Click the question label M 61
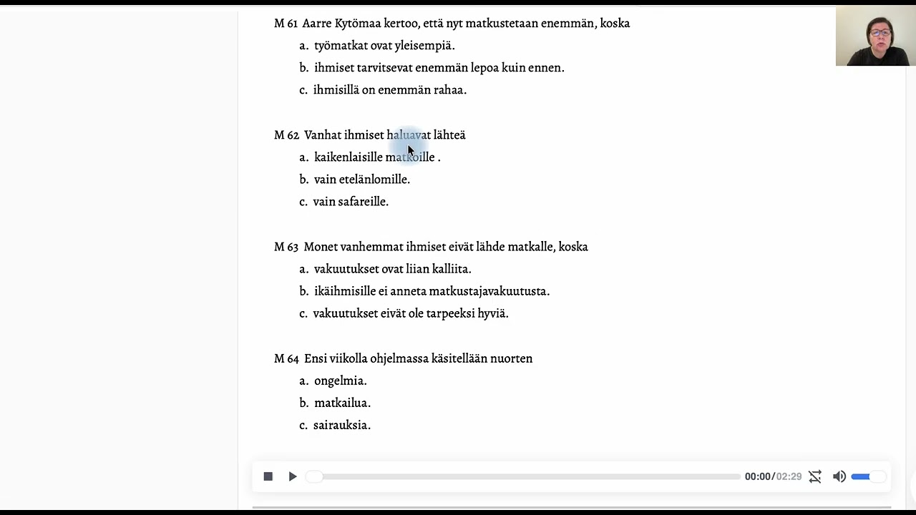click(286, 24)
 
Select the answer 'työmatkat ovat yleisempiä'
click(384, 46)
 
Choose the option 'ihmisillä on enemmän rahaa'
click(389, 90)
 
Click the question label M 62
click(286, 135)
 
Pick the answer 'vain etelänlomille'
click(361, 180)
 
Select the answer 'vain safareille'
click(351, 202)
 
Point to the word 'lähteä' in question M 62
click(449, 135)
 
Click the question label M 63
click(286, 247)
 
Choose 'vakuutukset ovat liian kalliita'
click(392, 269)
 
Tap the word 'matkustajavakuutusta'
click(489, 291)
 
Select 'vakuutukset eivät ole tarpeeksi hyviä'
click(410, 313)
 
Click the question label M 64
click(286, 358)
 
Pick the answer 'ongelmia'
click(340, 381)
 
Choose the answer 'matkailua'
click(342, 403)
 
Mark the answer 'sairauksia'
click(341, 425)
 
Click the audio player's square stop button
click(268, 476)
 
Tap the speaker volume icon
click(839, 476)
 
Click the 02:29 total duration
click(789, 476)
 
